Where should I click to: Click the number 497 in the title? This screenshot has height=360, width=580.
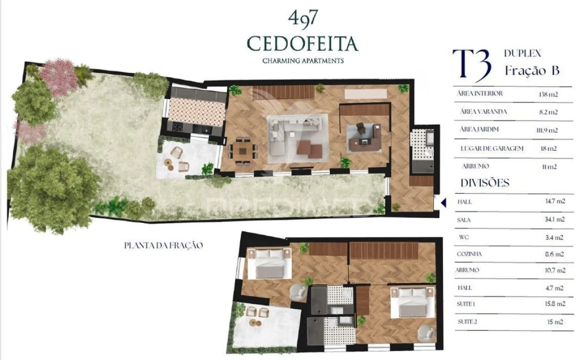[x=302, y=18]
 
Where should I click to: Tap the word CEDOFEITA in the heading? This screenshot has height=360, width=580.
[x=303, y=44]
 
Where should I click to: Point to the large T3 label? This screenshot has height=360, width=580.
[x=471, y=65]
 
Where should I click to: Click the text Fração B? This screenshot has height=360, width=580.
[x=531, y=71]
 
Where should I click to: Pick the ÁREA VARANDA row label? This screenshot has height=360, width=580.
[x=483, y=111]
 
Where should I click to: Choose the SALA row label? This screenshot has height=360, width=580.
[x=464, y=219]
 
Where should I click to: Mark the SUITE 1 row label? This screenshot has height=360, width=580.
[x=466, y=304]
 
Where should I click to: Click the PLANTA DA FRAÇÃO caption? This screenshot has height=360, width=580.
[x=164, y=245]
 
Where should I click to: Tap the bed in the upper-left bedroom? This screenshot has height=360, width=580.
[x=270, y=263]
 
